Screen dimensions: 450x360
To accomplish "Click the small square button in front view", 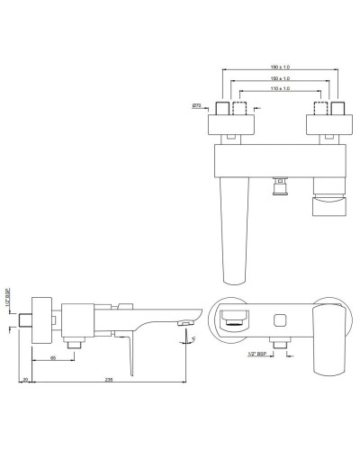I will (x=278, y=319).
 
